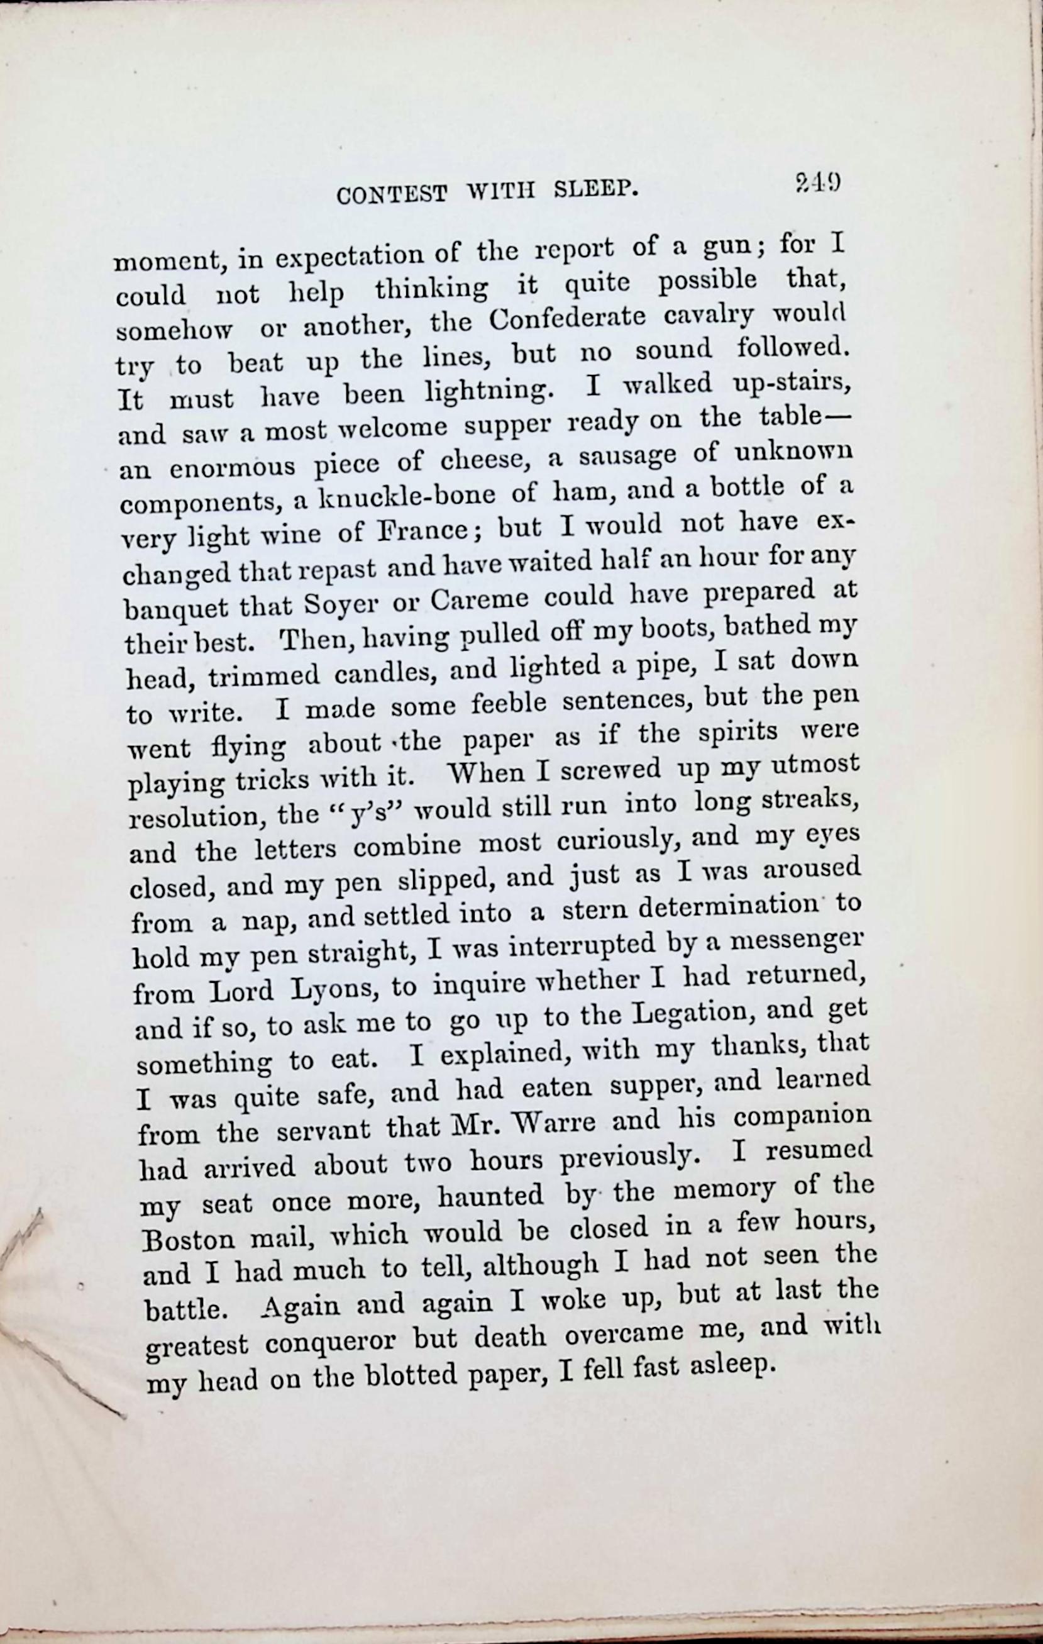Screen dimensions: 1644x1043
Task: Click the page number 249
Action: click(817, 184)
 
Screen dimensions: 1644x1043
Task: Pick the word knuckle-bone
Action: click(409, 499)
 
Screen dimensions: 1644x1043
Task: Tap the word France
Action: click(416, 533)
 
